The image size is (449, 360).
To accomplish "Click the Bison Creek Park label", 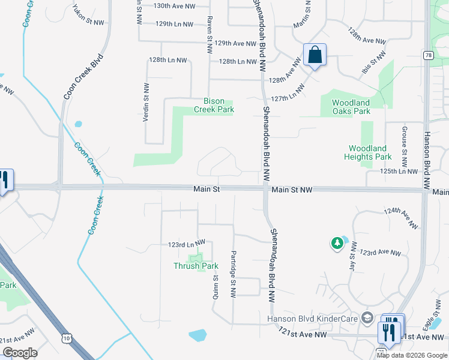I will (213, 106).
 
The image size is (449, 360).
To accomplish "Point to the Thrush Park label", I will (196, 266).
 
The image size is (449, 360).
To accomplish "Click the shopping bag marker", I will (315, 56).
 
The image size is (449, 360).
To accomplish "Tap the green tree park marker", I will (337, 243).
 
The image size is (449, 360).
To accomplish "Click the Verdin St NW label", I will (145, 103).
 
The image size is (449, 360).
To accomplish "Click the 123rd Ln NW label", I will (186, 244).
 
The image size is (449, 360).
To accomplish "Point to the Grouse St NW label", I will (405, 147).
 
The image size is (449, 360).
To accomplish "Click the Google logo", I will (20, 353).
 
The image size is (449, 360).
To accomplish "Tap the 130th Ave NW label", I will (174, 6).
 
